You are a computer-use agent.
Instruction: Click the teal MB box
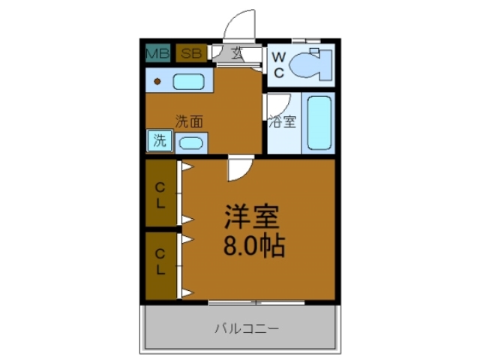[x=157, y=53]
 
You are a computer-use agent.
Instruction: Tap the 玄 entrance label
[x=236, y=54]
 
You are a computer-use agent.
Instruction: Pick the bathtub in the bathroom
[x=319, y=123]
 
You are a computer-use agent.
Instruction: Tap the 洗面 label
[x=190, y=121]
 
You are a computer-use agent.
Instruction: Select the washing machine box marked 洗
[x=160, y=139]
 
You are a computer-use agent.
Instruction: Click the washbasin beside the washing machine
[x=190, y=142]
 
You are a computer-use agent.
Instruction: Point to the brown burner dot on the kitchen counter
[x=157, y=80]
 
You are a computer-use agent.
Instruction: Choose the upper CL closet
[x=160, y=193]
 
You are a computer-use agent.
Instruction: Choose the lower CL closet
[x=160, y=263]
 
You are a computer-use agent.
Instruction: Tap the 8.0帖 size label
[x=253, y=246]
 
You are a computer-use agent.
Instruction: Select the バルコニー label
[x=247, y=328]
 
